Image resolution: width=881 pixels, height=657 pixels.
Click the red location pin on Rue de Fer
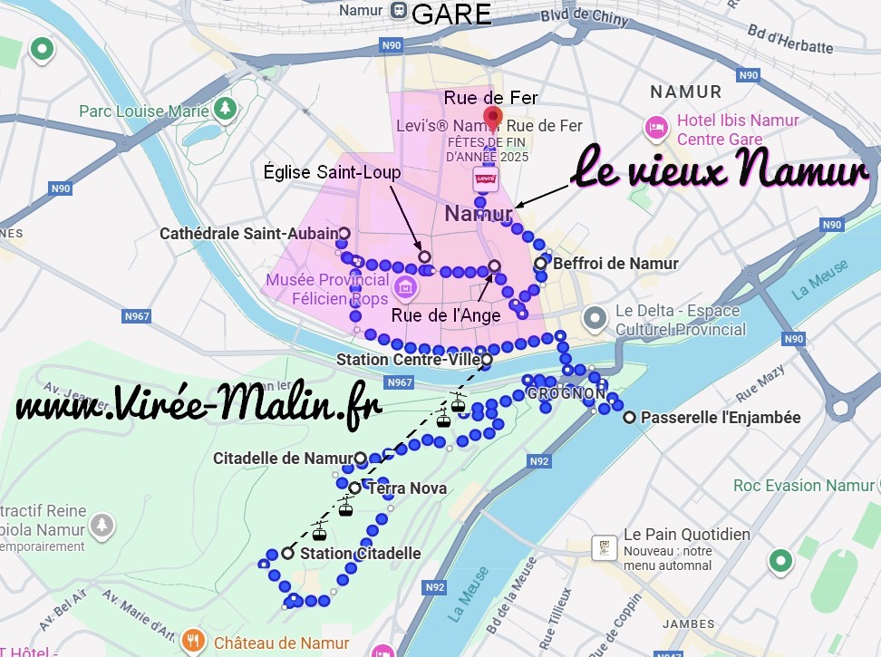(493, 119)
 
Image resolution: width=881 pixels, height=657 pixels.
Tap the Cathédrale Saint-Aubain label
(248, 234)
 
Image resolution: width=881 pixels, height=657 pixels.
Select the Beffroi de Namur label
(615, 264)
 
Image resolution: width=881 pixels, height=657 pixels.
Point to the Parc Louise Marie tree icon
(225, 110)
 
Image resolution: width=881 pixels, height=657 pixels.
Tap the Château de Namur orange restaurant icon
(193, 642)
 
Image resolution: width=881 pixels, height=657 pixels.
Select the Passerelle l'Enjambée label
(721, 418)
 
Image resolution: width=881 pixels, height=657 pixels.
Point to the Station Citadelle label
(360, 553)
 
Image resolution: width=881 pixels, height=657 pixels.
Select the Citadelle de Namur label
(281, 459)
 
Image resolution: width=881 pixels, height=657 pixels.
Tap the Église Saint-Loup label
(331, 171)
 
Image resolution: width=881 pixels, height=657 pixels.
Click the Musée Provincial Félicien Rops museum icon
(406, 288)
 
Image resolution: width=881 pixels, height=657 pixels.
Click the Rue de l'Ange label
(446, 315)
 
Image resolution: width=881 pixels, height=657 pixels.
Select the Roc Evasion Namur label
(804, 486)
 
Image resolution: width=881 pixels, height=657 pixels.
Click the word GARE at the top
(451, 14)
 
